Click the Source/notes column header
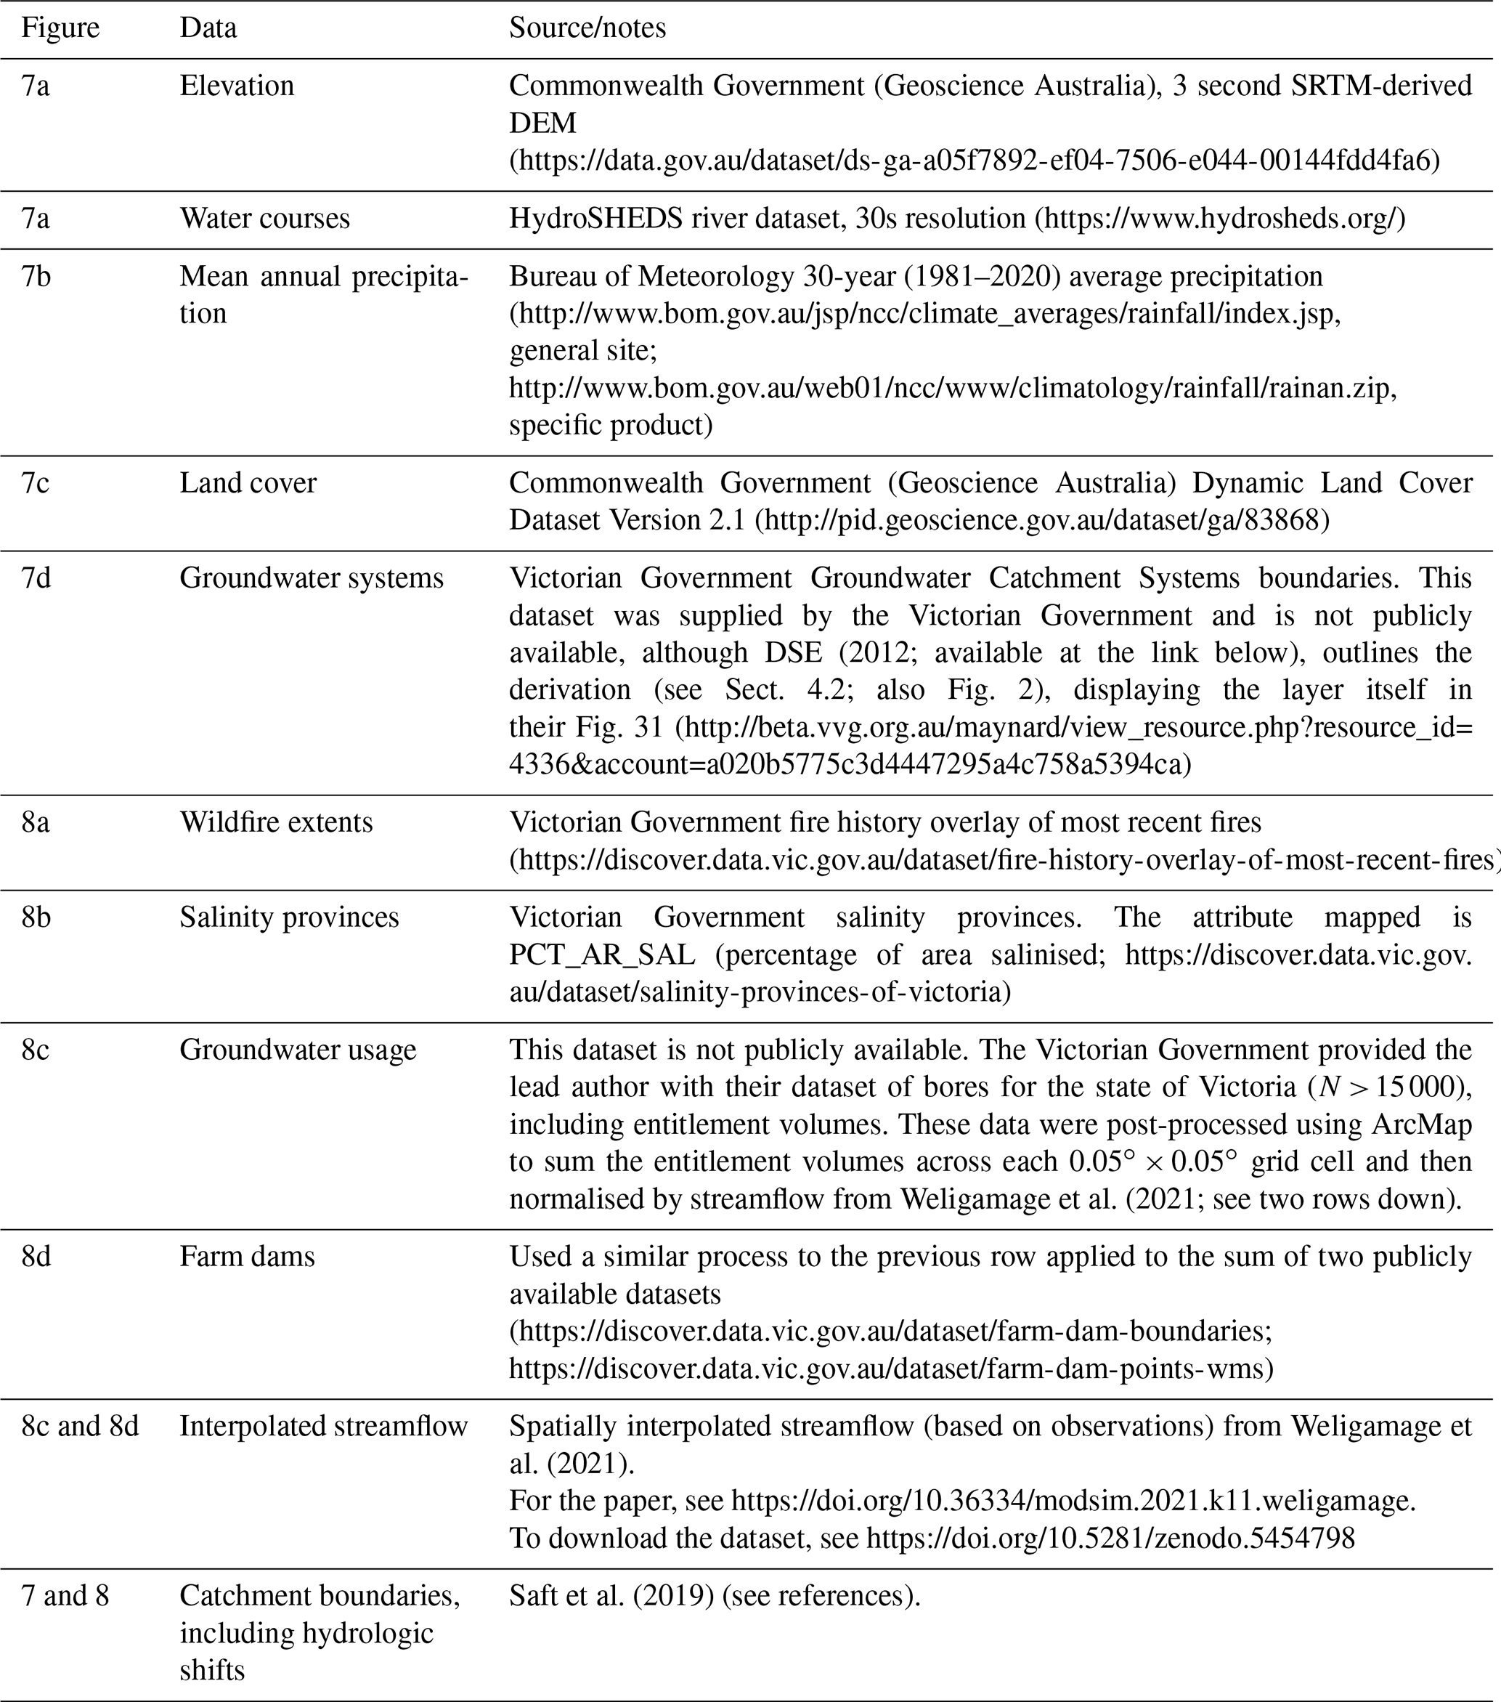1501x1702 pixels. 587,28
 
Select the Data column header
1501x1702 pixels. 208,28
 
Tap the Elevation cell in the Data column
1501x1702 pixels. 237,86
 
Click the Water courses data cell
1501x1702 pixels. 265,218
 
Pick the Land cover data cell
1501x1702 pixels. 248,483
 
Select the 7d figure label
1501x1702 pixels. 36,578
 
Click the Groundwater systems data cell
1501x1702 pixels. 312,578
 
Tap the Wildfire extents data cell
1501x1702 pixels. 277,822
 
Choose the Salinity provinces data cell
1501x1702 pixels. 289,917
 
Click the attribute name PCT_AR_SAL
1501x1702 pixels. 602,955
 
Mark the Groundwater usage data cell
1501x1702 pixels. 298,1049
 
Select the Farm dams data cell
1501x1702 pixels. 247,1256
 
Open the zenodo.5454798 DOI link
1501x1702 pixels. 1110,1537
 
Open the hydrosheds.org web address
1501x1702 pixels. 1220,218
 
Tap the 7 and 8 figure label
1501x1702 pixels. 65,1595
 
